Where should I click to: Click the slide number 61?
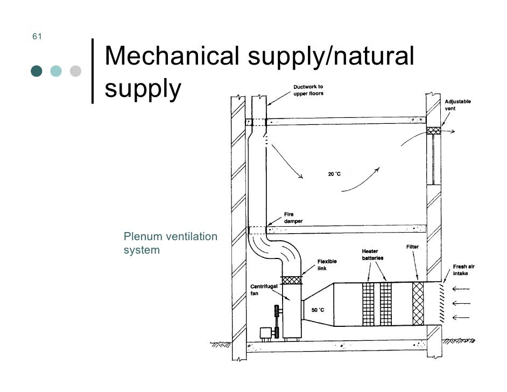pyautogui.click(x=37, y=37)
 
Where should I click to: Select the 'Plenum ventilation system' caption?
pyautogui.click(x=170, y=243)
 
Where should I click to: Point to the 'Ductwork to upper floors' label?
pyautogui.click(x=308, y=91)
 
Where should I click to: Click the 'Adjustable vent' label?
pyautogui.click(x=457, y=104)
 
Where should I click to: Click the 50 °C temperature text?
pyautogui.click(x=318, y=310)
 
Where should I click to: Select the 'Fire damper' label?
pyautogui.click(x=293, y=218)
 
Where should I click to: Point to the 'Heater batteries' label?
pyautogui.click(x=372, y=255)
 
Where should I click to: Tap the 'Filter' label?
pyautogui.click(x=412, y=247)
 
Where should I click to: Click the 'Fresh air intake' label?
pyautogui.click(x=463, y=270)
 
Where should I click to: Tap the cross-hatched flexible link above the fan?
pyautogui.click(x=291, y=280)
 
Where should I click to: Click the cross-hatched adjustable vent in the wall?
pyautogui.click(x=433, y=130)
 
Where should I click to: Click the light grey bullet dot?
pyautogui.click(x=75, y=71)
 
